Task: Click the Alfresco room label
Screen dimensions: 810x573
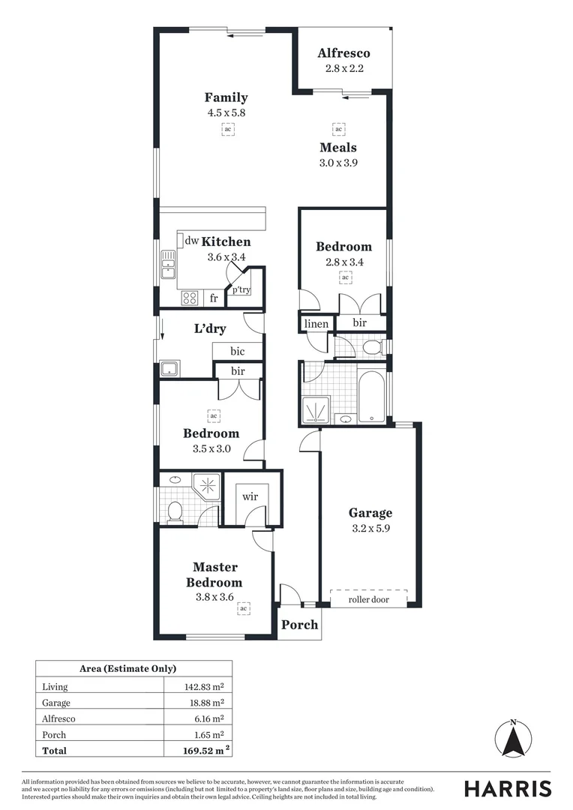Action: tap(343, 53)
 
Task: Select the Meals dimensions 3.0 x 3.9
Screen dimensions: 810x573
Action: tap(337, 162)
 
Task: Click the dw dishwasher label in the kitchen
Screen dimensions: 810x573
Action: tap(192, 241)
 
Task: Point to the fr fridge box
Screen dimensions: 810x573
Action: tap(214, 298)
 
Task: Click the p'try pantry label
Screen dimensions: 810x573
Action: tap(241, 289)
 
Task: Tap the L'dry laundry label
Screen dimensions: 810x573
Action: tap(210, 328)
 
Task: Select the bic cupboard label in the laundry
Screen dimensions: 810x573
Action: tap(237, 351)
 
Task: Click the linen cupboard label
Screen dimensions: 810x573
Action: tap(316, 324)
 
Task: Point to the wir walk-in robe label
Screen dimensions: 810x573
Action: tap(249, 496)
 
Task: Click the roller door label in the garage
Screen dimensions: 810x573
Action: tap(368, 599)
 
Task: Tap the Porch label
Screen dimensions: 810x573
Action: tap(299, 625)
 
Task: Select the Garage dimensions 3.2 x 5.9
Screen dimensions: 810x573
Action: tap(370, 528)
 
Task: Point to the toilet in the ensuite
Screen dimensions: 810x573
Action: tap(175, 511)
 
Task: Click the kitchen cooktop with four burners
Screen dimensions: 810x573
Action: tap(190, 298)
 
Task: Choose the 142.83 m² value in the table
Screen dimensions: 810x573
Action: tap(203, 686)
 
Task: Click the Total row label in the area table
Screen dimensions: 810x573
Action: tap(54, 750)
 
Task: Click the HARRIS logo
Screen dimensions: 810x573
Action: tap(507, 788)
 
